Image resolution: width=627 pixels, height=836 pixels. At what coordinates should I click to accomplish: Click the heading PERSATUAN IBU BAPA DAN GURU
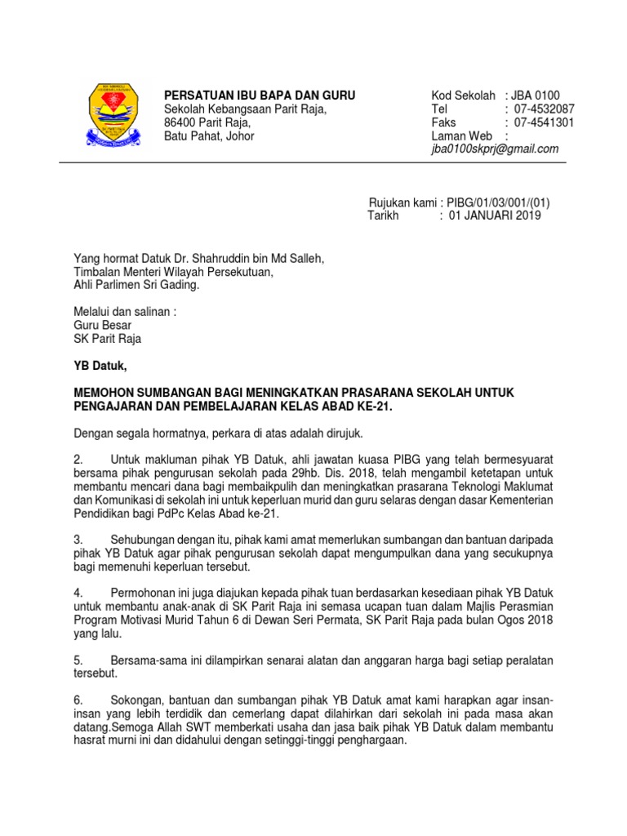(260, 96)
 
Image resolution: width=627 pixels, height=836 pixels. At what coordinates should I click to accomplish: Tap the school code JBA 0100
(537, 96)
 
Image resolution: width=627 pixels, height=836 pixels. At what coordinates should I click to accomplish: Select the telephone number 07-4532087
(545, 109)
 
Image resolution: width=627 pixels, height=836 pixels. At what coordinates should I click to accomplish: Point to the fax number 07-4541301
(545, 122)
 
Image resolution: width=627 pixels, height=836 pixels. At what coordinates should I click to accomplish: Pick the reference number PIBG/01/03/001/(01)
(498, 202)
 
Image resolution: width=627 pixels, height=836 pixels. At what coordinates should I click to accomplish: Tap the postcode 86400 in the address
(181, 122)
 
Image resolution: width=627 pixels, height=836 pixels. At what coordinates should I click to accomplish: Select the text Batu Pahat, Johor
(210, 136)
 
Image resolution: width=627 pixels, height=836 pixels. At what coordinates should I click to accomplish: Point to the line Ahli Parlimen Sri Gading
(136, 286)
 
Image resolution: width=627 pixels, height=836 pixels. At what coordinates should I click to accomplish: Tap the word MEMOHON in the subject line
(106, 393)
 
